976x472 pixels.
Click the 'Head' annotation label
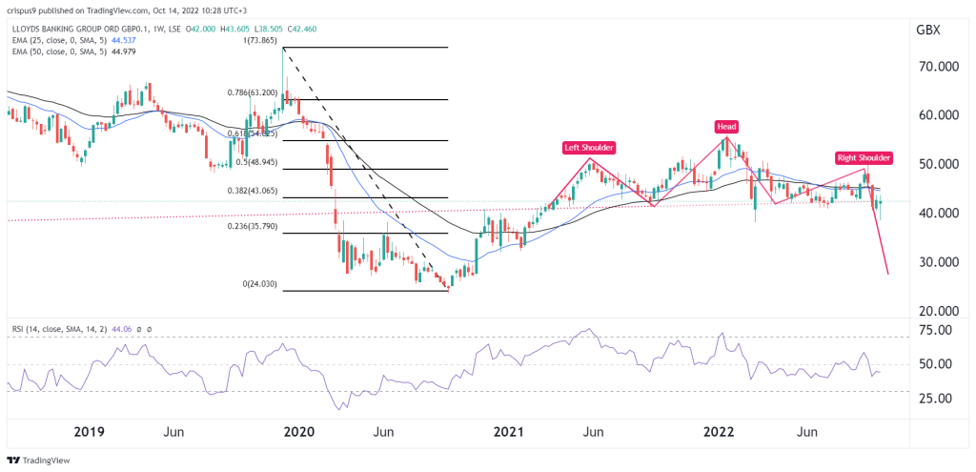coord(727,126)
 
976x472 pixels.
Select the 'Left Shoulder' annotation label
coord(588,148)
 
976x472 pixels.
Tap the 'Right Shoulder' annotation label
coord(863,157)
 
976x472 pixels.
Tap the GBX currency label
coord(927,31)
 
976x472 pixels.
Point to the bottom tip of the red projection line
coord(888,275)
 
